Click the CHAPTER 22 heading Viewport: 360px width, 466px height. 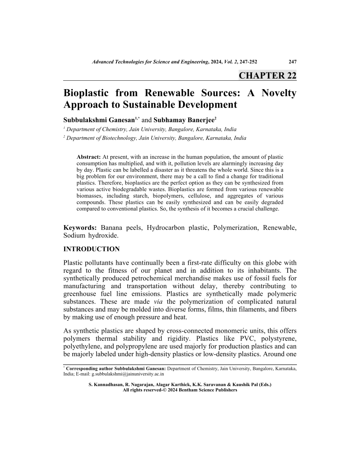pyautogui.click(x=267, y=75)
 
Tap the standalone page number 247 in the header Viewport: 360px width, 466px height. pyautogui.click(x=292, y=62)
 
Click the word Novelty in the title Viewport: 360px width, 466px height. pyautogui.click(x=277, y=94)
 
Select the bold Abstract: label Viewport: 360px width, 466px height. pyautogui.click(x=89, y=157)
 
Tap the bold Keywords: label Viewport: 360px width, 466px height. pyautogui.click(x=81, y=228)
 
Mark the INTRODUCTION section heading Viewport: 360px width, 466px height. pyautogui.click(x=91, y=249)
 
